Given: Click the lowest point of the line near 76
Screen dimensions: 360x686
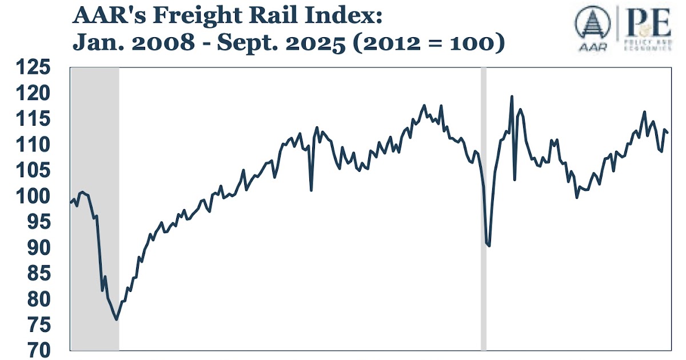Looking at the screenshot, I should coord(117,319).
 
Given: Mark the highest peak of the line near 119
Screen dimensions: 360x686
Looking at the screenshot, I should coord(511,97).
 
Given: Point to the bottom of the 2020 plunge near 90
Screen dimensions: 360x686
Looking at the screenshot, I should coord(489,246).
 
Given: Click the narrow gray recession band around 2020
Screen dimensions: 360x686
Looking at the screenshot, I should coord(484,209).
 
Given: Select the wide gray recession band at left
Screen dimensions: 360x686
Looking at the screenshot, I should coord(95,209).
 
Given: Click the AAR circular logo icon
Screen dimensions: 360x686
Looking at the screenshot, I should coord(592,25).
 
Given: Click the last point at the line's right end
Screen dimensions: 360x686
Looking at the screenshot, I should coord(668,133).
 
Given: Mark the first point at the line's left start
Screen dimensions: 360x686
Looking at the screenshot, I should coord(71,202).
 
